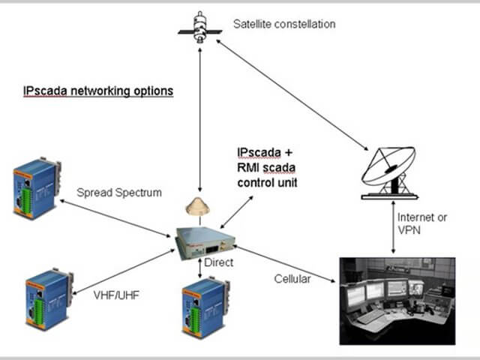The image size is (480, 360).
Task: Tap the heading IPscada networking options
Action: click(98, 91)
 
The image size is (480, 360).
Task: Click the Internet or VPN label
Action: click(423, 223)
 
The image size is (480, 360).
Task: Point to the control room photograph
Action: click(397, 300)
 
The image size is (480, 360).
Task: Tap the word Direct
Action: click(218, 263)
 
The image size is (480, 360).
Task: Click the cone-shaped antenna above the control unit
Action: click(198, 206)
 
